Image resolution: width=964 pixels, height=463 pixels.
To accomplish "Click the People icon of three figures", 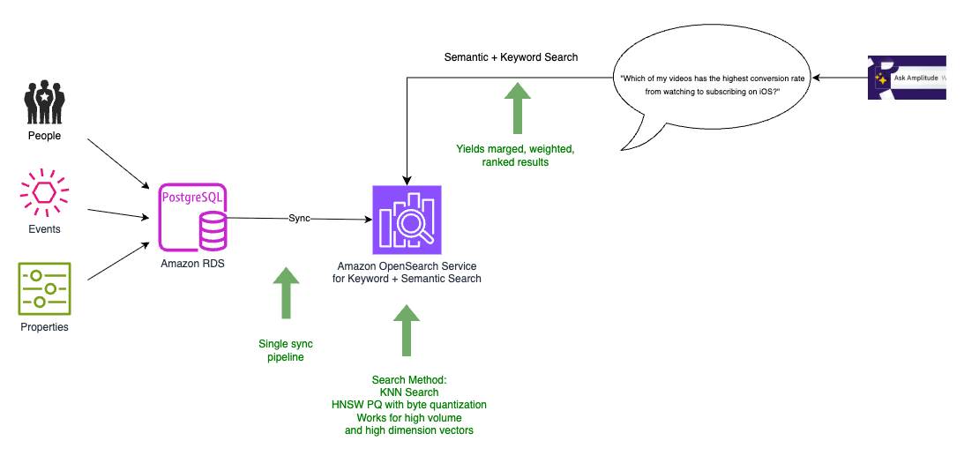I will click(x=44, y=101).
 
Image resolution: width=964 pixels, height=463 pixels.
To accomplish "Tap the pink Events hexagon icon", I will click(x=44, y=192).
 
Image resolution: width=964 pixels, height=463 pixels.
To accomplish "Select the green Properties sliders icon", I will click(x=44, y=288).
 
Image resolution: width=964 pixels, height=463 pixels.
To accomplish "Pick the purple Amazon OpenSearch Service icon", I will click(x=407, y=220).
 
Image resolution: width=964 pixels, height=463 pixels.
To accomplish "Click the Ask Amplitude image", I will click(x=906, y=78).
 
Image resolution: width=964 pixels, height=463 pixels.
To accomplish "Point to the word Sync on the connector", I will click(x=299, y=219).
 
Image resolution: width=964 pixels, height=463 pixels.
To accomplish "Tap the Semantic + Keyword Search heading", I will click(x=511, y=57).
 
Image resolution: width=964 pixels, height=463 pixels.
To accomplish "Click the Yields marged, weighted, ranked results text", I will click(x=515, y=155).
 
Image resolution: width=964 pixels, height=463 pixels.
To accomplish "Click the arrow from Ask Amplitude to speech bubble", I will click(x=841, y=78).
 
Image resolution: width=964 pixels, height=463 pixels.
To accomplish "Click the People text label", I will click(x=44, y=136).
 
